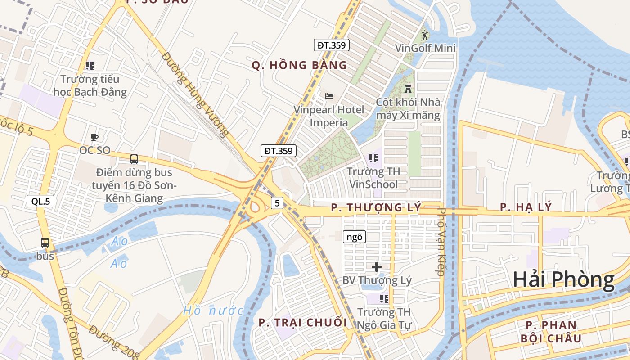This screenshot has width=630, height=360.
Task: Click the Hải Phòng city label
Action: [563, 280]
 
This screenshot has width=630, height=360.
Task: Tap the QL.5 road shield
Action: [40, 201]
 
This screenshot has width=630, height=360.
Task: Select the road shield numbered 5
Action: [277, 203]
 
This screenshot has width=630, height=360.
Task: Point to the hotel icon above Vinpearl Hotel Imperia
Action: [329, 96]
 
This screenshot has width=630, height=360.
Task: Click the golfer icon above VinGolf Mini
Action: [425, 35]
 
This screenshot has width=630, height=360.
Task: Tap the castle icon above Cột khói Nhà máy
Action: [408, 89]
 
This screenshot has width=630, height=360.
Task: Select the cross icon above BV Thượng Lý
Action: [377, 267]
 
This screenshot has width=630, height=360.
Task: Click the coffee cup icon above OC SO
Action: [94, 137]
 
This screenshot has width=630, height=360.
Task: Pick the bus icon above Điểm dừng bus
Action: [134, 159]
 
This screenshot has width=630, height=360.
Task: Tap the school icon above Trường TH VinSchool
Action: [373, 158]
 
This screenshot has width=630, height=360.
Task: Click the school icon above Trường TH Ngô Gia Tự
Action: [384, 298]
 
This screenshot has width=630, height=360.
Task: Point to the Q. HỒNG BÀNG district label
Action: [299, 66]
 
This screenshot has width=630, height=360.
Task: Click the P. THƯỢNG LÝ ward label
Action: [376, 207]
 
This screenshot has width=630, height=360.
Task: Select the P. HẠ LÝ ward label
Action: [526, 207]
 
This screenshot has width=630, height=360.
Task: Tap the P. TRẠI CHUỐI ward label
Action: [303, 323]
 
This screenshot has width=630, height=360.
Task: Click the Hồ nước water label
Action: [213, 310]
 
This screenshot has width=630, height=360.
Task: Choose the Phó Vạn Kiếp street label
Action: [441, 241]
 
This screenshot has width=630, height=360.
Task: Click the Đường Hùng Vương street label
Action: [195, 94]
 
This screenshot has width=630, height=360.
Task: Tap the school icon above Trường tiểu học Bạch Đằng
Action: [90, 66]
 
